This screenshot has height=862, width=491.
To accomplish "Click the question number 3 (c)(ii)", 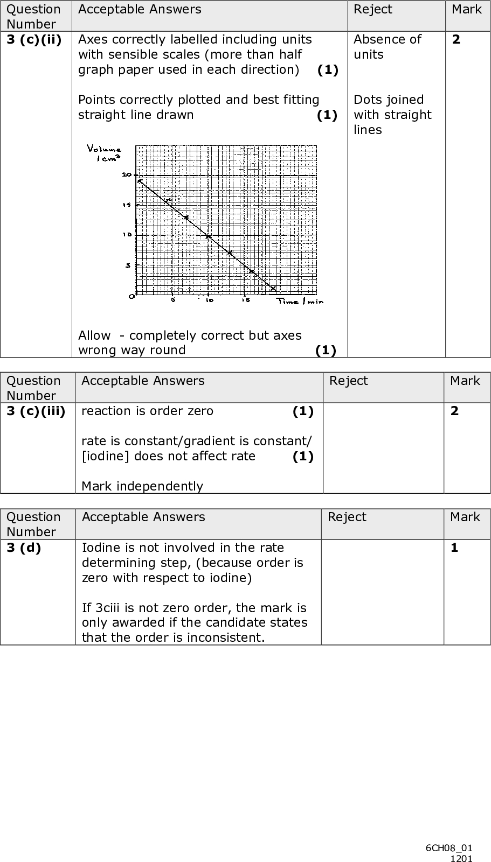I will (x=34, y=40).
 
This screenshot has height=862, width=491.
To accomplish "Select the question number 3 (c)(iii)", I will (x=36, y=411).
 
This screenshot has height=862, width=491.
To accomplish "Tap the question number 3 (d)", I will (x=24, y=548).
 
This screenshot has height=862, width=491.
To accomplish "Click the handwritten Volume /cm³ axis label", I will (x=105, y=153).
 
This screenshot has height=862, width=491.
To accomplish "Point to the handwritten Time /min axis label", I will (x=300, y=302).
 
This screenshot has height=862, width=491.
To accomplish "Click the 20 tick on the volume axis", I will (x=127, y=174).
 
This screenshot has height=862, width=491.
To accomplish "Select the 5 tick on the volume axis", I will (x=128, y=265).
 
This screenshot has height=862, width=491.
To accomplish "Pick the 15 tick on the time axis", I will (x=245, y=300).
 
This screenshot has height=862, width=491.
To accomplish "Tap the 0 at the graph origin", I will (x=131, y=296).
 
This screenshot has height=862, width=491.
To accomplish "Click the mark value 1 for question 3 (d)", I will (x=454, y=548).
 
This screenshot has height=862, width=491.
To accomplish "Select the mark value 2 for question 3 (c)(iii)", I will (x=454, y=411).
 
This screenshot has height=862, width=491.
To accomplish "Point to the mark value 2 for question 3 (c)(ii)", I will (x=456, y=40).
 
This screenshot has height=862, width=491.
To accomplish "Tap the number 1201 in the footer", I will (x=461, y=858).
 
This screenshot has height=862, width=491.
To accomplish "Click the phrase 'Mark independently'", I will (x=142, y=486).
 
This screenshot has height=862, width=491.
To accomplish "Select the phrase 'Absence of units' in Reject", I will (x=387, y=47).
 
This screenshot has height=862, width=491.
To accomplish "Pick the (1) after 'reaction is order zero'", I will (x=303, y=411).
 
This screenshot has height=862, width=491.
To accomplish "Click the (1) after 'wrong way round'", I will (x=326, y=351).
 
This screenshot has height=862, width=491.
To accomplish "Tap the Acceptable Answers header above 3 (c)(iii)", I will (x=143, y=381).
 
